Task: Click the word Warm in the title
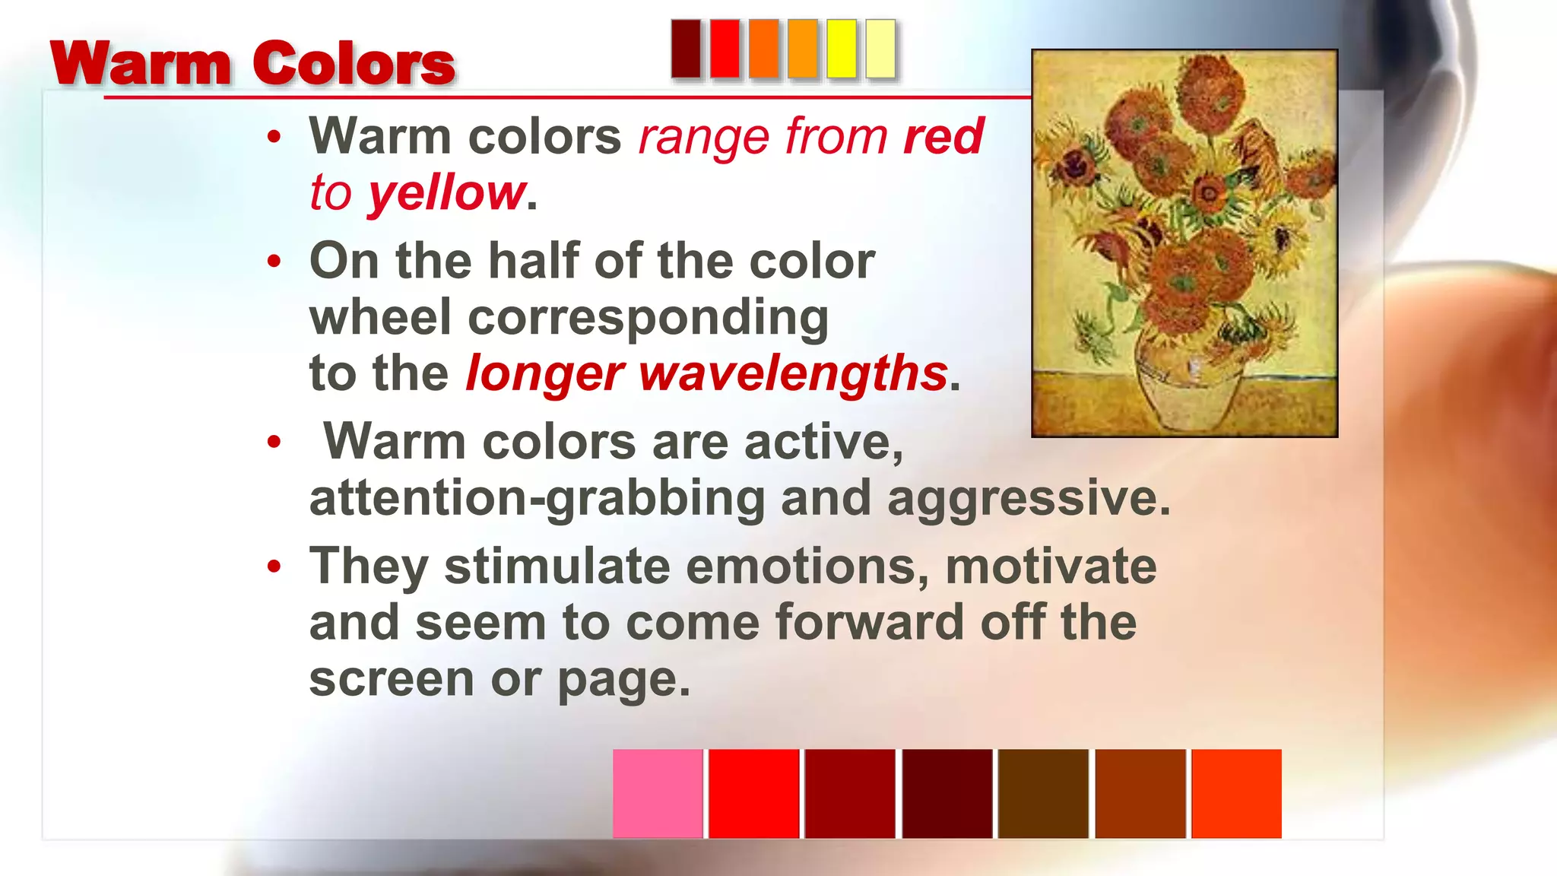141,64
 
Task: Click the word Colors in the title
354,64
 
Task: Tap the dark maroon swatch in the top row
686,49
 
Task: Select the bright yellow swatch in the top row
842,49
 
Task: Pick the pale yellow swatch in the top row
880,49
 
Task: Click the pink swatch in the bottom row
658,793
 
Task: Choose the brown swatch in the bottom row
1043,793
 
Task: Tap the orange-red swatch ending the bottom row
1236,793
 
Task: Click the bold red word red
943,137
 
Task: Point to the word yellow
447,193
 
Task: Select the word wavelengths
793,373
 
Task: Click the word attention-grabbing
537,499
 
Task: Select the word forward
869,623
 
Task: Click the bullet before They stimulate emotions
274,567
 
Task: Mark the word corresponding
648,318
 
